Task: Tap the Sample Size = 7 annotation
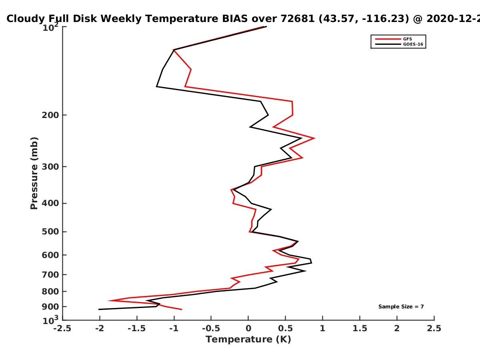(x=401, y=307)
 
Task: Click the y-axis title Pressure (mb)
(x=34, y=173)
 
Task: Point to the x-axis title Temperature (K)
(x=248, y=340)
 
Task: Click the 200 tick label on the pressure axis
(x=50, y=115)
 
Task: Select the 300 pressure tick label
(x=50, y=167)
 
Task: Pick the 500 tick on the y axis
(x=50, y=232)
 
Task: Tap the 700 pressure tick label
(x=50, y=275)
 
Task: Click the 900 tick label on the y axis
(x=50, y=307)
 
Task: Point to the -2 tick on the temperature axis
(x=100, y=328)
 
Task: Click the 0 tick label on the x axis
(x=248, y=328)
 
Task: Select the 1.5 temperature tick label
(x=360, y=328)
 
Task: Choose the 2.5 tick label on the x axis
(x=434, y=328)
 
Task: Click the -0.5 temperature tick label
(x=211, y=328)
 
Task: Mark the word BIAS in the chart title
(x=235, y=18)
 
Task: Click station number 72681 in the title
(x=298, y=18)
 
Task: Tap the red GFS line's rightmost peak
(x=314, y=138)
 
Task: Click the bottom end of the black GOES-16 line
(x=99, y=309)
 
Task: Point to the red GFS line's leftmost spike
(x=109, y=300)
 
